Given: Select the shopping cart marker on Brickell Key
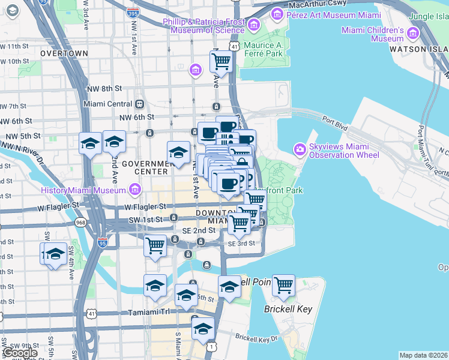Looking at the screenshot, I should (x=283, y=286).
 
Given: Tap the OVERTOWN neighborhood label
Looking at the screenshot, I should (x=64, y=53).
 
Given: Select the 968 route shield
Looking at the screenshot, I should (x=80, y=223).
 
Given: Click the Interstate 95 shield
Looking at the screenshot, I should (x=103, y=243).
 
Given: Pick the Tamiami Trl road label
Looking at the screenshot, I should (x=149, y=313).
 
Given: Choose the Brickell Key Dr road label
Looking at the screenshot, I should (x=257, y=338).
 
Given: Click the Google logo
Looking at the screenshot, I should (x=20, y=353).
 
